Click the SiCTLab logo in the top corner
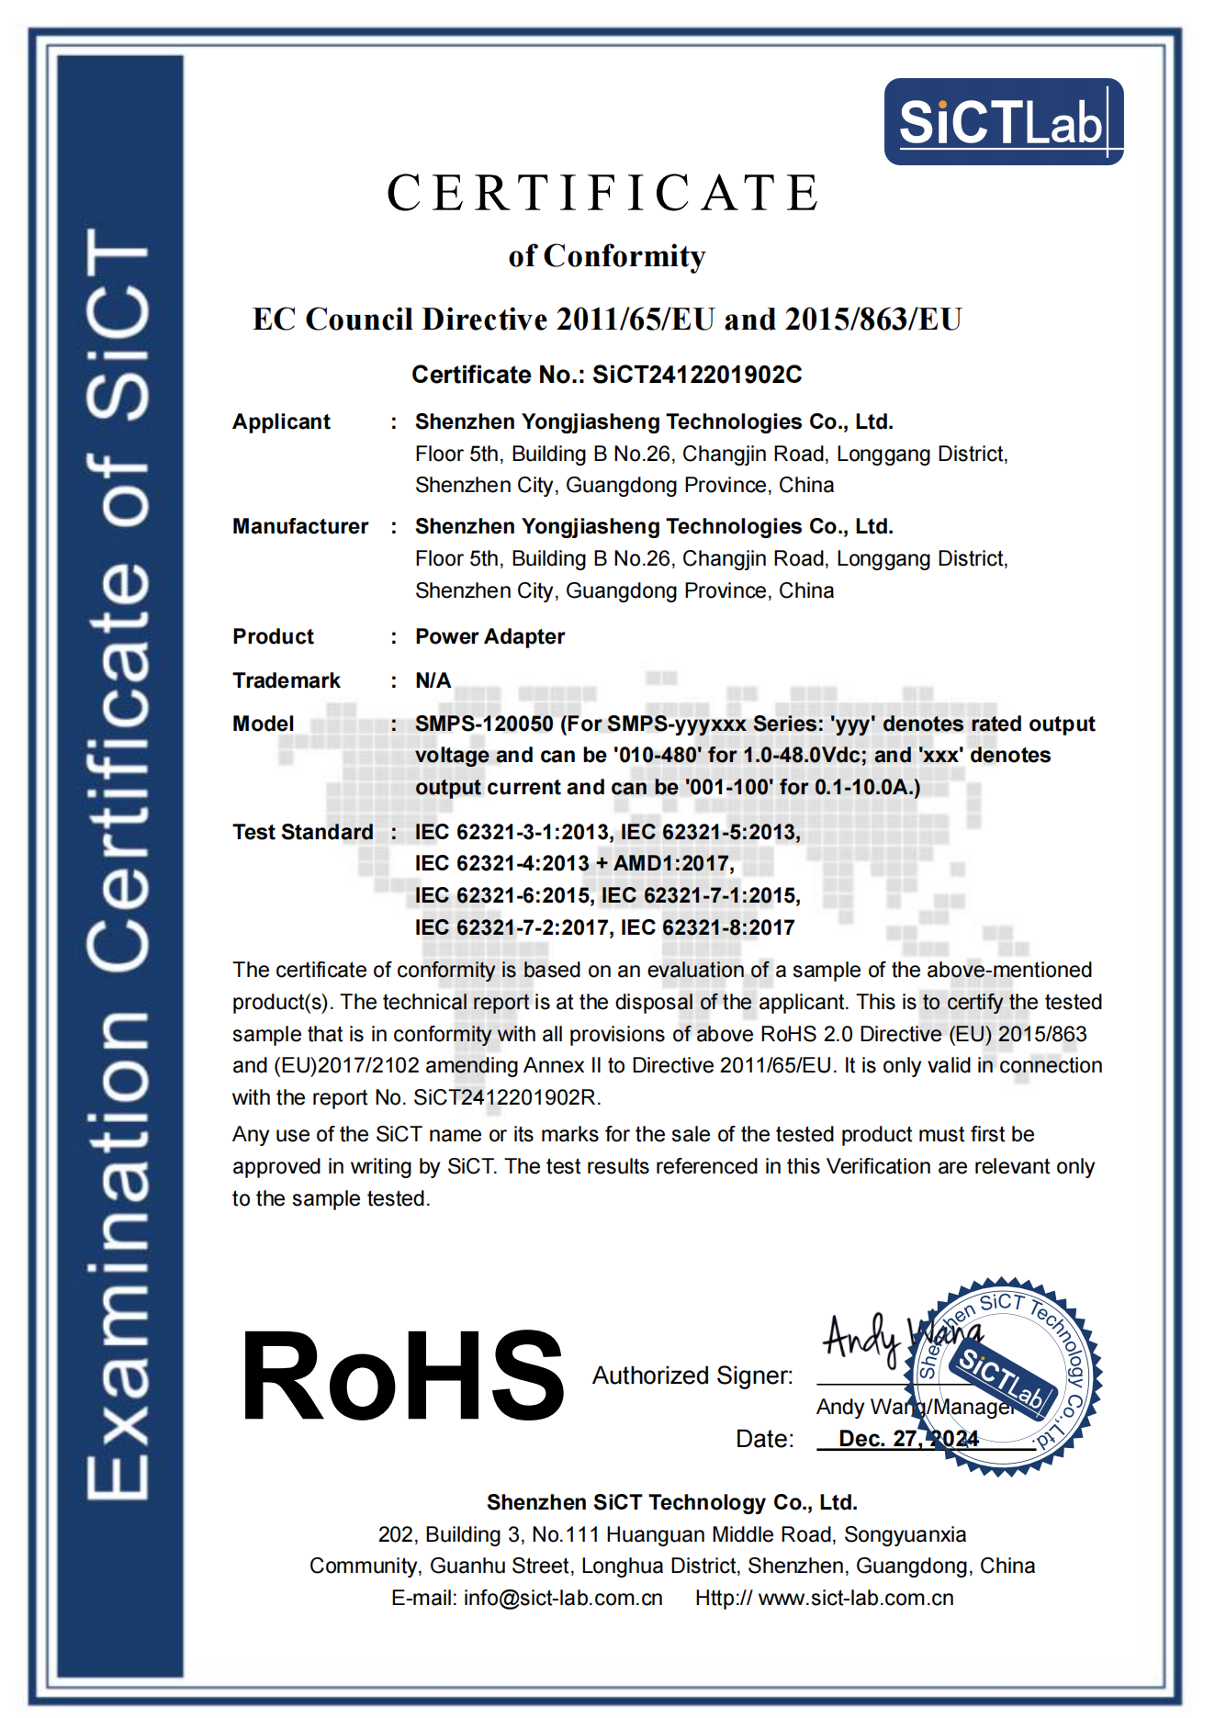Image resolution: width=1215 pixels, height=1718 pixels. [x=1003, y=122]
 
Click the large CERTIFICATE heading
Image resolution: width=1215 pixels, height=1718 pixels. [x=603, y=194]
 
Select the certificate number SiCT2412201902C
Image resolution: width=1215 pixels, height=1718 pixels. [x=697, y=375]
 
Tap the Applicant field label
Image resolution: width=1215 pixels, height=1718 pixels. [x=281, y=421]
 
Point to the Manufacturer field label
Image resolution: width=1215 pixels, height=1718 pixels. [x=300, y=526]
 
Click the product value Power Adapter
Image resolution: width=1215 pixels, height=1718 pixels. [x=489, y=636]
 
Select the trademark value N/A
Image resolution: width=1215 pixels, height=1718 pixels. [x=433, y=680]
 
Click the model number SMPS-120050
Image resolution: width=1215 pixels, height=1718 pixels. [x=484, y=724]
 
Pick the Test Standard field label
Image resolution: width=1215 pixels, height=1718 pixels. [x=303, y=832]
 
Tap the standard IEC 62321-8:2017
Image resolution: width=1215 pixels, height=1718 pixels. [x=707, y=927]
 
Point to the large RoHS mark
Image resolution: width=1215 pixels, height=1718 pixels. [x=401, y=1376]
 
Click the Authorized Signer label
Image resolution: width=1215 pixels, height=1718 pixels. [x=692, y=1376]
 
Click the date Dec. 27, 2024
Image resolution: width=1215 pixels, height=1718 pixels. [x=908, y=1438]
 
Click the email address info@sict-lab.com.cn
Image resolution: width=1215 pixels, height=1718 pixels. [x=563, y=1598]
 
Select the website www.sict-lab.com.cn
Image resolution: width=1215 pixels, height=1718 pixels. [x=856, y=1598]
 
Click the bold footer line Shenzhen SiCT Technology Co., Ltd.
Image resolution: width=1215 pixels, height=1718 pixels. [x=671, y=1502]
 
